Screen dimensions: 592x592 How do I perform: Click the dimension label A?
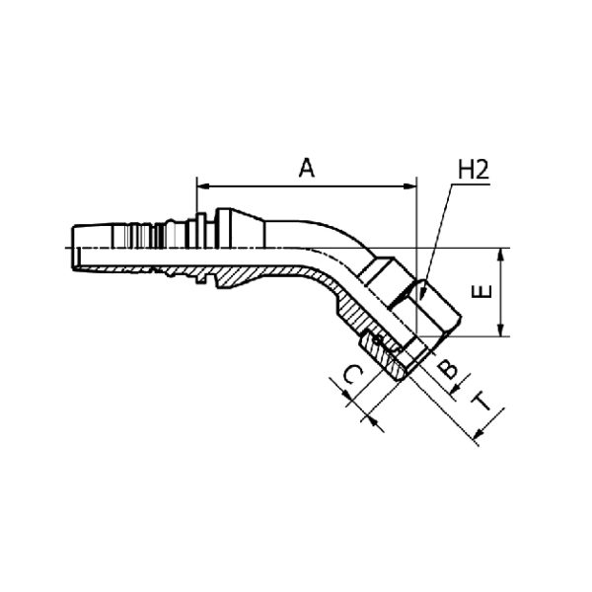[x=307, y=168]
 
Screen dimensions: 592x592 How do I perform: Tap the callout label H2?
[x=474, y=170]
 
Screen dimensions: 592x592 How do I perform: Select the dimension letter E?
[x=482, y=291]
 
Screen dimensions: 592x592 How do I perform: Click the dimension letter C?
[x=353, y=375]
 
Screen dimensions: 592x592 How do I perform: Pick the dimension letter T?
[x=482, y=401]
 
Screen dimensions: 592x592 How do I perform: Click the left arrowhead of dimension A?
[x=202, y=186]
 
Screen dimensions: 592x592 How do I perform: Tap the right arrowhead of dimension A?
[x=410, y=186]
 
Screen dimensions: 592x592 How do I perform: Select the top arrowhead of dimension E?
[x=500, y=254]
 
